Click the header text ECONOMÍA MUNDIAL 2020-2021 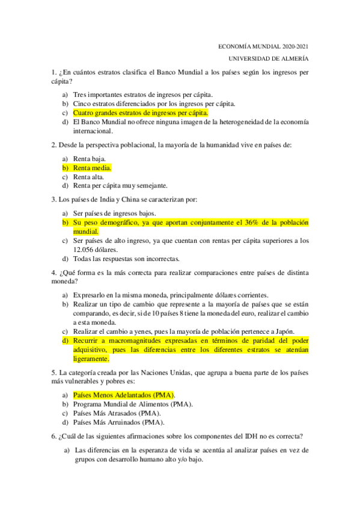click(263, 46)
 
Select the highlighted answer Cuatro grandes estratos click(140, 112)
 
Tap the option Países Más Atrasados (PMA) click(117, 413)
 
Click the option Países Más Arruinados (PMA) click(118, 422)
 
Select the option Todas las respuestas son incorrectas click(126, 259)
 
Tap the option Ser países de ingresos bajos click(114, 214)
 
